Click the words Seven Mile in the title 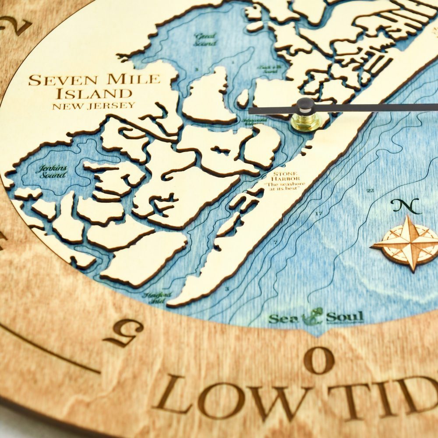coord(94,80)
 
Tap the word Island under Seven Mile coord(100,93)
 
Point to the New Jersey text coord(93,106)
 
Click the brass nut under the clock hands coord(306,122)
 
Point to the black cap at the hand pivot coord(305,105)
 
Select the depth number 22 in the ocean coord(370,191)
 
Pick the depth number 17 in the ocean coord(318,213)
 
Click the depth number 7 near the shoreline coord(275,242)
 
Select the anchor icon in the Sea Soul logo coord(314,315)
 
